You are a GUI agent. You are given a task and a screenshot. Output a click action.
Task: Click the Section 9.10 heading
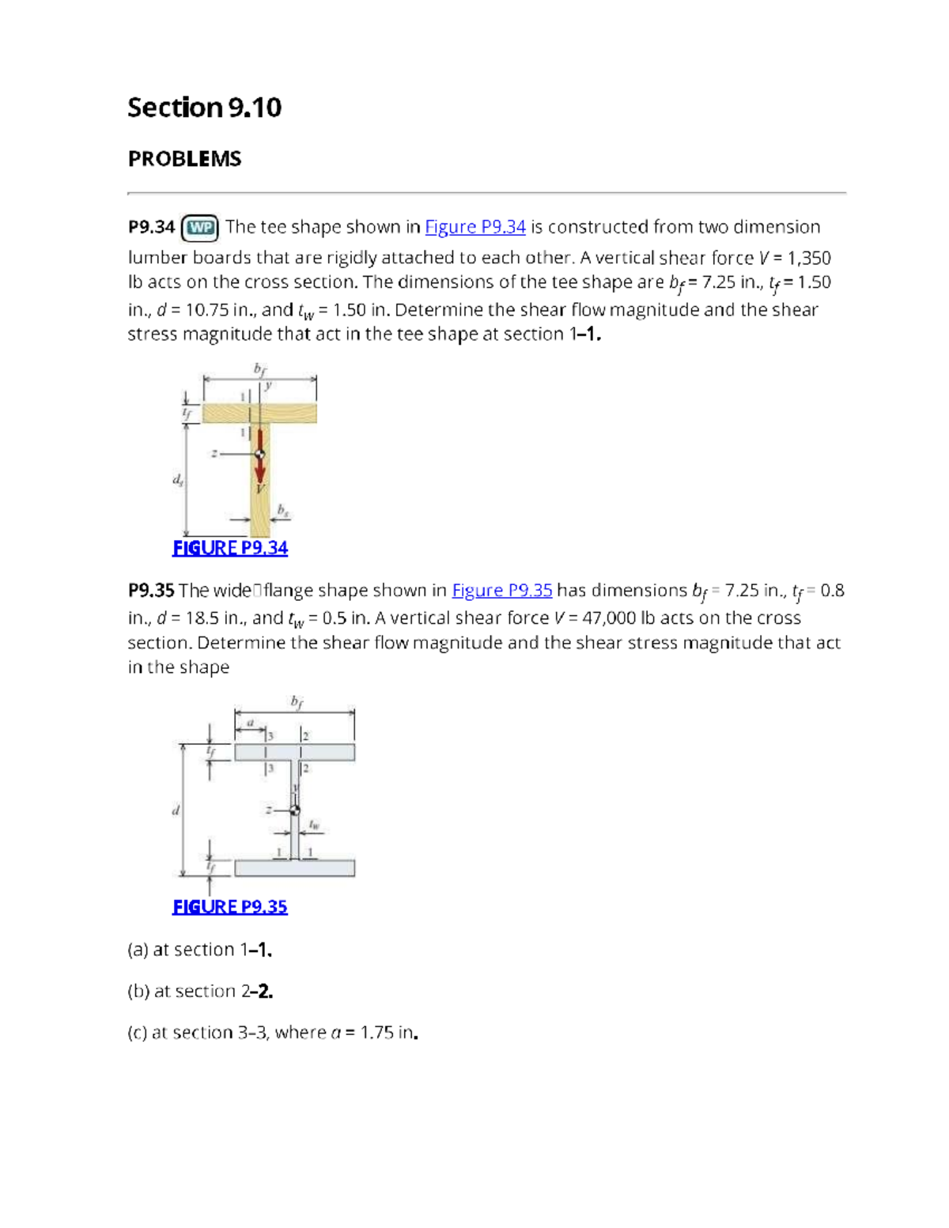(x=204, y=108)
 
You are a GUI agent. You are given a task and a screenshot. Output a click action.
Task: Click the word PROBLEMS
(x=184, y=159)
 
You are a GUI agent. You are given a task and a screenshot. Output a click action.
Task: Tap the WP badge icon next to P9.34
(x=201, y=228)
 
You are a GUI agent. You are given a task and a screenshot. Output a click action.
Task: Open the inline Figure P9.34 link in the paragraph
(x=475, y=227)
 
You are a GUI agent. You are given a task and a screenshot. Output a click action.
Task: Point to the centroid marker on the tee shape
(x=259, y=454)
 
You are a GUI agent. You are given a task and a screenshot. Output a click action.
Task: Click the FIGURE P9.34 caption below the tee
(x=230, y=548)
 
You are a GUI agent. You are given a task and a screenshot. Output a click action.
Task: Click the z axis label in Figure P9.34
(x=213, y=454)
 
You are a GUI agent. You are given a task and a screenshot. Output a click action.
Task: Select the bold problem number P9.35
(x=150, y=591)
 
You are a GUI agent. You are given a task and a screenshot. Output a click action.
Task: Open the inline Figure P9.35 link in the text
(x=501, y=591)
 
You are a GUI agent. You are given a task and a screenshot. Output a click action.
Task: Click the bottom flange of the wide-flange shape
(x=294, y=867)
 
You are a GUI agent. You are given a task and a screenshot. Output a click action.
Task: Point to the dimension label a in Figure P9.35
(x=251, y=722)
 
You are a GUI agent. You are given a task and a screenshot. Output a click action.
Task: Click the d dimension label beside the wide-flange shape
(x=176, y=810)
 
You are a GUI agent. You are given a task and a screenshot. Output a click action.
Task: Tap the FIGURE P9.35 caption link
(x=230, y=907)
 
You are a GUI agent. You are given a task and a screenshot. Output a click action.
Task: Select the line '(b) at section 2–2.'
(x=200, y=992)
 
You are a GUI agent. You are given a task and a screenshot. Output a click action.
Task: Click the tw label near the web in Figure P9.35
(x=314, y=825)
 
